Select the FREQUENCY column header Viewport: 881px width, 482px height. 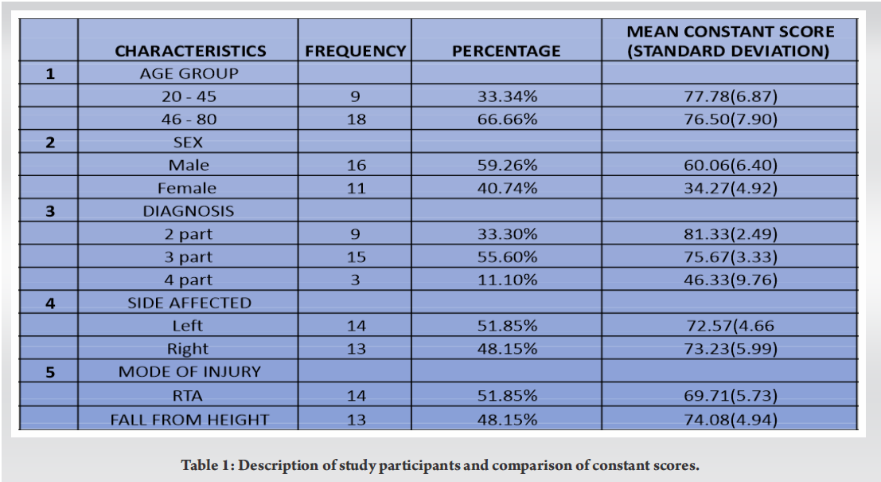coord(355,51)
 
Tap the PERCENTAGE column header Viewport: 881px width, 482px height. coord(506,51)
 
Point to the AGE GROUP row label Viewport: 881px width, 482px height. coord(189,74)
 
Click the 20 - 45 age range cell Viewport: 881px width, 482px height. coord(188,97)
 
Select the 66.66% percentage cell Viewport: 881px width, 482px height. coord(506,120)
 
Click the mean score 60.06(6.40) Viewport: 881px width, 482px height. coord(730,165)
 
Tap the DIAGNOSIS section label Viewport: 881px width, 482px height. coord(189,211)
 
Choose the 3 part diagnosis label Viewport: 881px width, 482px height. coord(188,257)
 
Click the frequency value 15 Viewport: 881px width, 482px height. coord(355,257)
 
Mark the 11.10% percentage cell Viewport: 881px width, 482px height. coord(506,280)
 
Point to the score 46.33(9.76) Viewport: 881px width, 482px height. coord(730,280)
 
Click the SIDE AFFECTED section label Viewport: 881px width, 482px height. coord(189,303)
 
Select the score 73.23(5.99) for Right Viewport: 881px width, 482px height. coord(730,348)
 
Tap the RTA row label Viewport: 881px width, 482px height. coord(188,395)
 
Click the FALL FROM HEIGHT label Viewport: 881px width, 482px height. coord(189,419)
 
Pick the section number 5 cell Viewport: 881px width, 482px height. coord(49,372)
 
